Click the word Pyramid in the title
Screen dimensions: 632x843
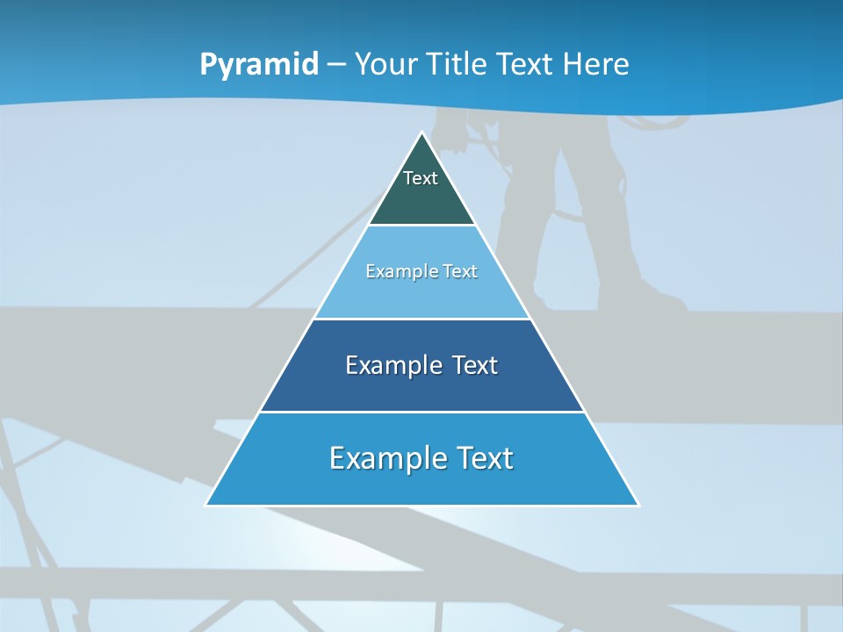(x=259, y=65)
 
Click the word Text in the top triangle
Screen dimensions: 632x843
(x=421, y=178)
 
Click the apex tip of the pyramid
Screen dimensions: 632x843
(x=421, y=133)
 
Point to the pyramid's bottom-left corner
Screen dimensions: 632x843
(x=207, y=504)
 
